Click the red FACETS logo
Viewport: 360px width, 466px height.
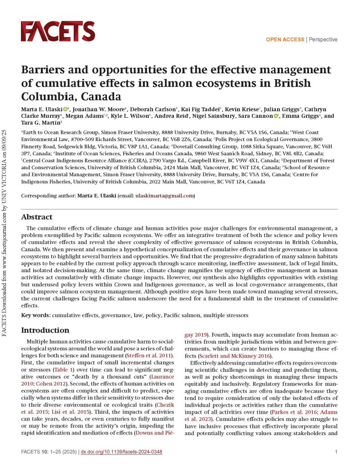click(57, 31)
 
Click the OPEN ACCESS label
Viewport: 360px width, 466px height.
click(285, 40)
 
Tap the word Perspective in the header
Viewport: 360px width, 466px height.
click(323, 40)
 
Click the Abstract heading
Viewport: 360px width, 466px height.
click(37, 217)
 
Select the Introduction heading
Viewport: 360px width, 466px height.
click(46, 330)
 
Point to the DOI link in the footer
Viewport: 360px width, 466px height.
click(122, 452)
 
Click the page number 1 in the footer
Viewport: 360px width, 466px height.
click(335, 452)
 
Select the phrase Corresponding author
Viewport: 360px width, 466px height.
click(48, 196)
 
